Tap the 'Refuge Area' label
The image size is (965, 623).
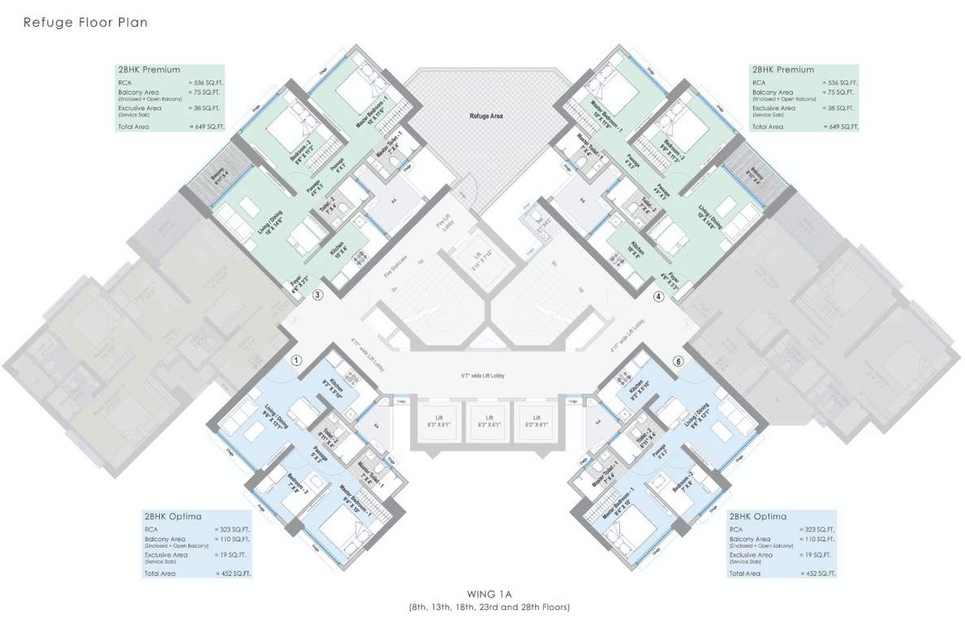click(x=486, y=116)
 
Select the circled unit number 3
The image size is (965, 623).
click(x=318, y=295)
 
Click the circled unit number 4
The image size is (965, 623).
click(x=658, y=296)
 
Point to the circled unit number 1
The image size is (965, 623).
click(x=297, y=359)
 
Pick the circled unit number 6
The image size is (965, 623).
click(x=678, y=360)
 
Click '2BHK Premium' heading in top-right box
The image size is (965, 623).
click(x=782, y=70)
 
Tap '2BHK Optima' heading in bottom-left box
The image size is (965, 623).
click(x=173, y=516)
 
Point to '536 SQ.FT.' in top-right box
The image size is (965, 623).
click(x=842, y=83)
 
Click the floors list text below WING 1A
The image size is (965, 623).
click(x=489, y=607)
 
